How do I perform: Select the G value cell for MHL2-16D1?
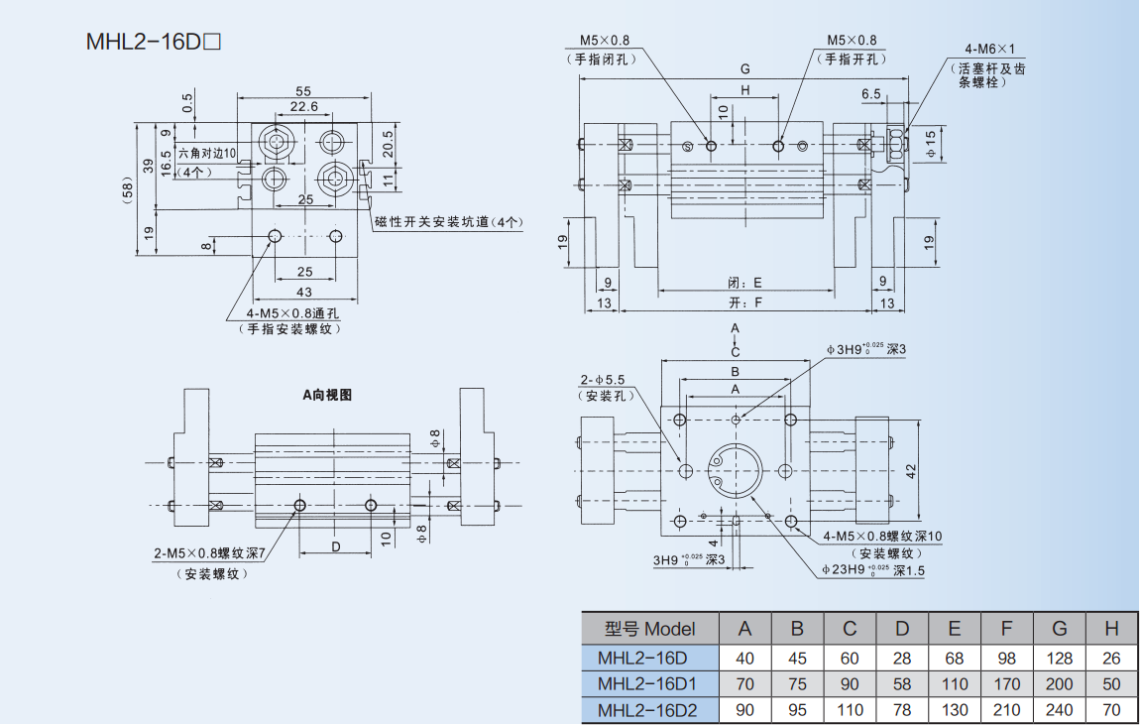coord(1059,684)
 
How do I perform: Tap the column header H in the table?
coord(1111,628)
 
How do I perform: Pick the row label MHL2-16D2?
coord(647,710)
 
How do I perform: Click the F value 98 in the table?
coord(1007,658)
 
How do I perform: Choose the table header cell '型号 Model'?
coord(649,628)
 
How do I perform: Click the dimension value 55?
coord(303,90)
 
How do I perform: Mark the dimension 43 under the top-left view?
coord(304,292)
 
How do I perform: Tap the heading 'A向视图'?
coord(328,394)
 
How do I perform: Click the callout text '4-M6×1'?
coord(990,48)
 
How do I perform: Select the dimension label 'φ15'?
coord(932,144)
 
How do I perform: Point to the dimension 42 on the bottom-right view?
coord(911,470)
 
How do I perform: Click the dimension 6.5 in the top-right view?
coord(871,94)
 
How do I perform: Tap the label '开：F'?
coord(744,302)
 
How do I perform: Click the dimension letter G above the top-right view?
coord(744,68)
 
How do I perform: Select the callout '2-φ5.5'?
coord(604,380)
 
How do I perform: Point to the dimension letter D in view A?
coord(336,546)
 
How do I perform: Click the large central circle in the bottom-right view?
coord(735,469)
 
